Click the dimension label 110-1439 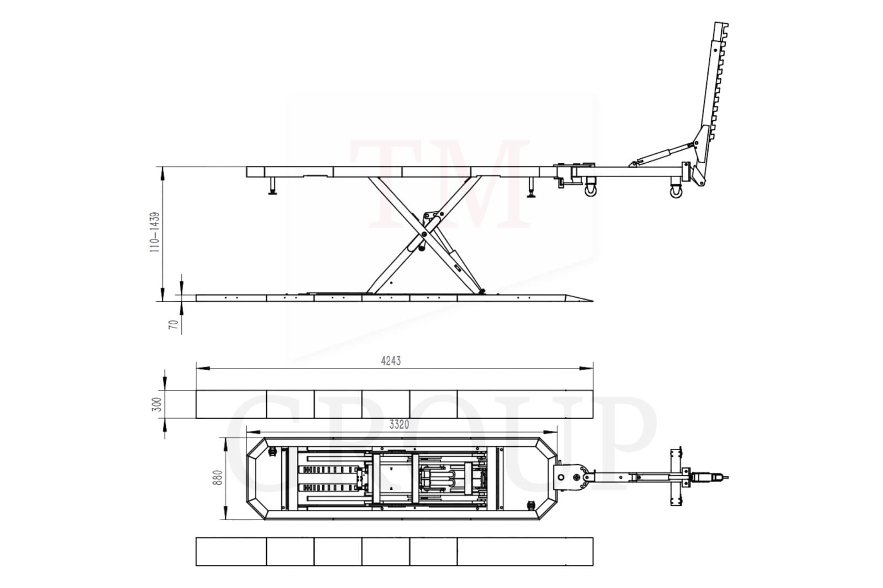point(155,232)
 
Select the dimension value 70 point(173,324)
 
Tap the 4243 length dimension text point(391,361)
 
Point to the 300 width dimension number point(157,404)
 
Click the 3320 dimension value point(399,424)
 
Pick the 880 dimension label point(217,478)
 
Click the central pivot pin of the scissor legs point(424,234)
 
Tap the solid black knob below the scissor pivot point(421,248)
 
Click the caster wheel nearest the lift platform point(591,191)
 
